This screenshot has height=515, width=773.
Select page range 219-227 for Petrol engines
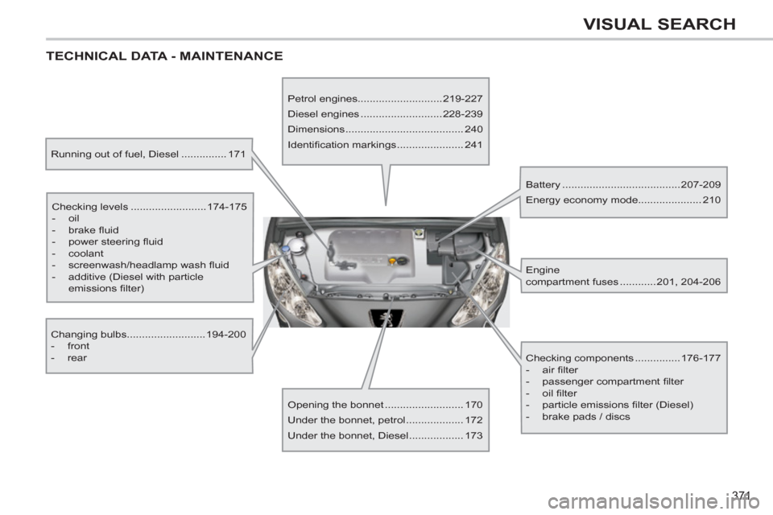(x=462, y=99)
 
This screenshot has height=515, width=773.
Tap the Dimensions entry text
(x=315, y=130)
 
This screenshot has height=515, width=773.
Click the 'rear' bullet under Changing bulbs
(x=77, y=358)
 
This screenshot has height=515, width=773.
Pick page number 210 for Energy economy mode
(x=711, y=200)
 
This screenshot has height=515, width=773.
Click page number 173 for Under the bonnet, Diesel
(x=473, y=435)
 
